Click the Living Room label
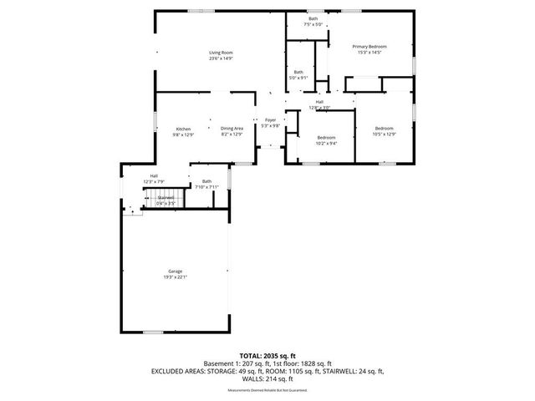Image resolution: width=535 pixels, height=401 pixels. pos(221,53)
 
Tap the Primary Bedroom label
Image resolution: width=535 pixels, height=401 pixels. pos(369,47)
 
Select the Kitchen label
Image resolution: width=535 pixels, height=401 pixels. pos(183,129)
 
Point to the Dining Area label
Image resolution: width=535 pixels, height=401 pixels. pos(232,129)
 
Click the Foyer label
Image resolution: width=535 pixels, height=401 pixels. pos(270,120)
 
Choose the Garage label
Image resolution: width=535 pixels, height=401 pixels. pos(175,272)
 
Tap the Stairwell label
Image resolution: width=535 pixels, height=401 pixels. pos(166,198)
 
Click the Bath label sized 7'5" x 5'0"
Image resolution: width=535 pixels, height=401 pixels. pos(313,18)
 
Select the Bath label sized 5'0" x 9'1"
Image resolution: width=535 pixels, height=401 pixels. pos(298,72)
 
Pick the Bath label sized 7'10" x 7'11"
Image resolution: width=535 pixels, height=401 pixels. pos(206,181)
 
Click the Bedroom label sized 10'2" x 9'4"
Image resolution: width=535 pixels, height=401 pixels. pos(326,137)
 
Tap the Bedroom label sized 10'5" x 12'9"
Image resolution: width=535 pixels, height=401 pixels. pos(385,129)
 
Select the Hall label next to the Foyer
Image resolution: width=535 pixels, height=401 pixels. pos(319,102)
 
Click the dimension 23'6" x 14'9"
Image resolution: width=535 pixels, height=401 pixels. pos(221,58)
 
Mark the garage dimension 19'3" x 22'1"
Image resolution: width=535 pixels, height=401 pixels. pos(175,277)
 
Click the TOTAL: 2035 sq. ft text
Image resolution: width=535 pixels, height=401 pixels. pos(267,356)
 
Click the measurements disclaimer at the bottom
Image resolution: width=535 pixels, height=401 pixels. pos(267,390)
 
